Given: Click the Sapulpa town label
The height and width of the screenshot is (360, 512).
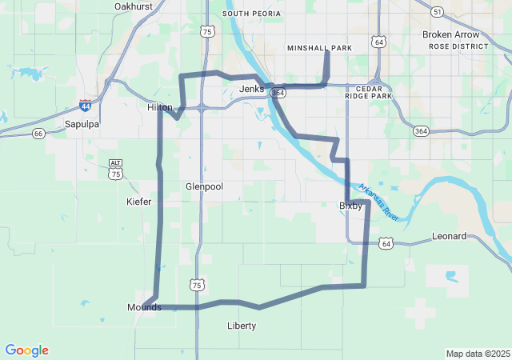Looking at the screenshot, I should [x=82, y=124].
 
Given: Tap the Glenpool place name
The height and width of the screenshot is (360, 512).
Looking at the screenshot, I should [x=204, y=186].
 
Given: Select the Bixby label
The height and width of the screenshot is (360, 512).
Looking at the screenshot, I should [x=350, y=206].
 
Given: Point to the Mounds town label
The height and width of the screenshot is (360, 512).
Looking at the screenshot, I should [x=144, y=307].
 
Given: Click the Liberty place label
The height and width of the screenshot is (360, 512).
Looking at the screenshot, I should [x=242, y=326].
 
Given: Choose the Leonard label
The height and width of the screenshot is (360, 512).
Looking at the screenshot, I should [x=449, y=236].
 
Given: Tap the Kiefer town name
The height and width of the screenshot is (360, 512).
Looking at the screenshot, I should [x=138, y=202].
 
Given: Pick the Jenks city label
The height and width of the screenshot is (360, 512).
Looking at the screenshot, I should [x=251, y=89].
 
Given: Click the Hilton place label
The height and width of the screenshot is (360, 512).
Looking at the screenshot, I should [x=160, y=106].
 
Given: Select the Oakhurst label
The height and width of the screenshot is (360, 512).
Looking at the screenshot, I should [x=133, y=6].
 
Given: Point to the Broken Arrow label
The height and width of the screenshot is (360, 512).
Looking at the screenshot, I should [x=451, y=34].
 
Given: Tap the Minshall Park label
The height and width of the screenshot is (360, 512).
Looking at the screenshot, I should [x=319, y=48].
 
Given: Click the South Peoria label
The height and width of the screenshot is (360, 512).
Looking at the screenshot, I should [x=252, y=14].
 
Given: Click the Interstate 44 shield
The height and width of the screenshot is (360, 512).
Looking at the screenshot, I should [x=86, y=105].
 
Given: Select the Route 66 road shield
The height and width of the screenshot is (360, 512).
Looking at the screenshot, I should [x=38, y=133].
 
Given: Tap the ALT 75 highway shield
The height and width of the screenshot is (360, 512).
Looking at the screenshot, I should [x=116, y=170].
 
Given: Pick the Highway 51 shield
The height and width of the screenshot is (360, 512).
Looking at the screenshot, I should [x=436, y=12].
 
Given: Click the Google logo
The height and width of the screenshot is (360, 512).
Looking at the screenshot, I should [x=26, y=350].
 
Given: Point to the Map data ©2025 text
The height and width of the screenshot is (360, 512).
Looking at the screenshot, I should [x=478, y=354].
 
